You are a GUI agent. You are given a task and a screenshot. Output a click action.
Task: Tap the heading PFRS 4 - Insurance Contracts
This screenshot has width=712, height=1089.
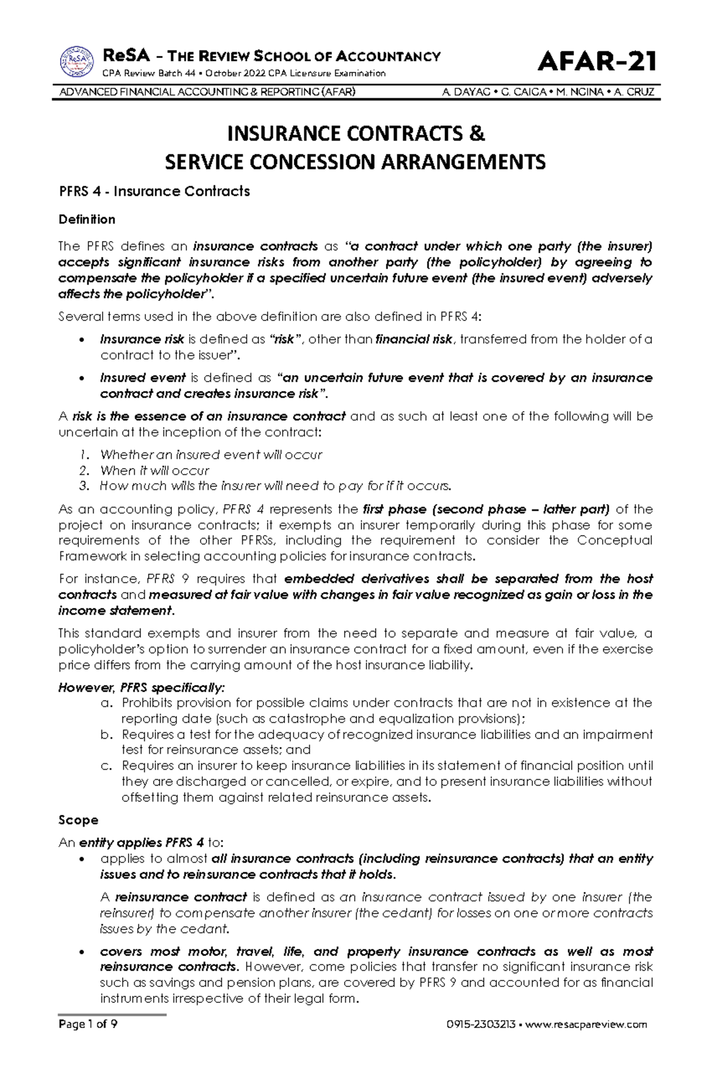154,192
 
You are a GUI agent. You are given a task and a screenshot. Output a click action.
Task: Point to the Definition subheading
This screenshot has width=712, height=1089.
87,220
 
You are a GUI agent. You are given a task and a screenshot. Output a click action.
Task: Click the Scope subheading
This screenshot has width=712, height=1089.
78,820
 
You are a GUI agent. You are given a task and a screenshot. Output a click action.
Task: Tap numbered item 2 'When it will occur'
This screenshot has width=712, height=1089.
154,471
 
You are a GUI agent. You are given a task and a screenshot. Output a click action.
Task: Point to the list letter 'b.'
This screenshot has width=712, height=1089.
106,735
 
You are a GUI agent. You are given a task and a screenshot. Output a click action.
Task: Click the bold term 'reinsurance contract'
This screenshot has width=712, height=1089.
181,897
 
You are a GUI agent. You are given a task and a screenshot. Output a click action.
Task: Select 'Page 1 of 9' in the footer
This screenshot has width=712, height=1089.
88,1025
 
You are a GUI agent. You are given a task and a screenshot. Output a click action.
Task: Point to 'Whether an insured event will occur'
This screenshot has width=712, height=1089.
211,455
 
